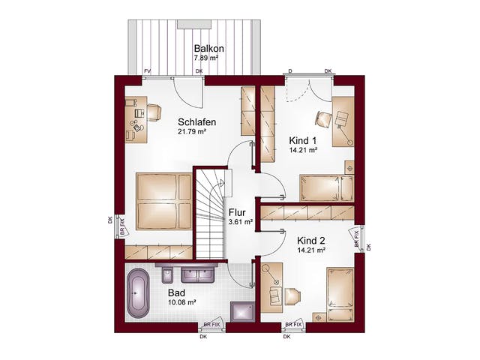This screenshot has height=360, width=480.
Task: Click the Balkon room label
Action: pyautogui.click(x=208, y=49)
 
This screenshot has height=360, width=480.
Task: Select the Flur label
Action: pyautogui.click(x=238, y=212)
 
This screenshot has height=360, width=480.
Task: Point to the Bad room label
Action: pyautogui.click(x=176, y=293)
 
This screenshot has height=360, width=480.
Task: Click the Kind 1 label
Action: pyautogui.click(x=303, y=141)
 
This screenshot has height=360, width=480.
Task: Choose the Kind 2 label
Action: pyautogui.click(x=311, y=241)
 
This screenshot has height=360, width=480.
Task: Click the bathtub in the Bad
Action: pyautogui.click(x=138, y=293)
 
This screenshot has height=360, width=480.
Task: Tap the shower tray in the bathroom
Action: pyautogui.click(x=243, y=312)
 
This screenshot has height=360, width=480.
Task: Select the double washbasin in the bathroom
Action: pyautogui.click(x=197, y=274)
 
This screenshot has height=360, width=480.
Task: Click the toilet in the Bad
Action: pyautogui.click(x=167, y=274)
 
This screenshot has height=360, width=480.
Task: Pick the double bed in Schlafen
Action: pyautogui.click(x=164, y=202)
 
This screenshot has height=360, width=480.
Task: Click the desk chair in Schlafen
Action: pyautogui.click(x=154, y=112)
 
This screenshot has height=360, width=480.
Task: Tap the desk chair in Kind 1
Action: pyautogui.click(x=323, y=118)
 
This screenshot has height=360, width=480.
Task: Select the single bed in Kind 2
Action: pyautogui.click(x=340, y=295)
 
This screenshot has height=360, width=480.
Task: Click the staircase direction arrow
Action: pyautogui.click(x=221, y=183)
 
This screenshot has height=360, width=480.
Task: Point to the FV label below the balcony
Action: pyautogui.click(x=148, y=71)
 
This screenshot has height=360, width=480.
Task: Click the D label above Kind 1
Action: pyautogui.click(x=290, y=71)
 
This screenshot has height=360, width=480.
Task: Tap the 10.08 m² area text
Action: pyautogui.click(x=181, y=302)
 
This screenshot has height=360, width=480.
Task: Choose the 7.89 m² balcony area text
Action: pyautogui.click(x=205, y=58)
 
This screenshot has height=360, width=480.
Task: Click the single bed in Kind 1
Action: pyautogui.click(x=327, y=188)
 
